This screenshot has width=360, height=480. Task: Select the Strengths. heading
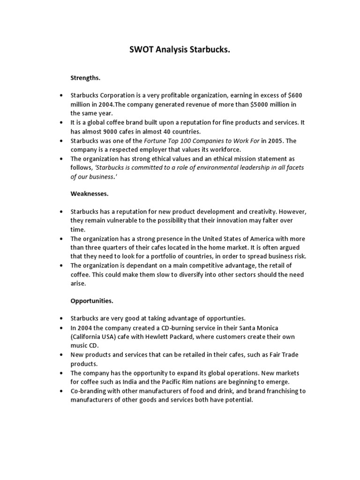coord(86,77)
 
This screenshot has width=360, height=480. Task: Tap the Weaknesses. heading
coord(90,193)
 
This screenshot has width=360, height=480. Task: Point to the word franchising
coord(282,391)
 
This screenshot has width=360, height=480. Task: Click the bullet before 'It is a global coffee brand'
coord(61,122)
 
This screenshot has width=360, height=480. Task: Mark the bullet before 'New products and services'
coord(61,355)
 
